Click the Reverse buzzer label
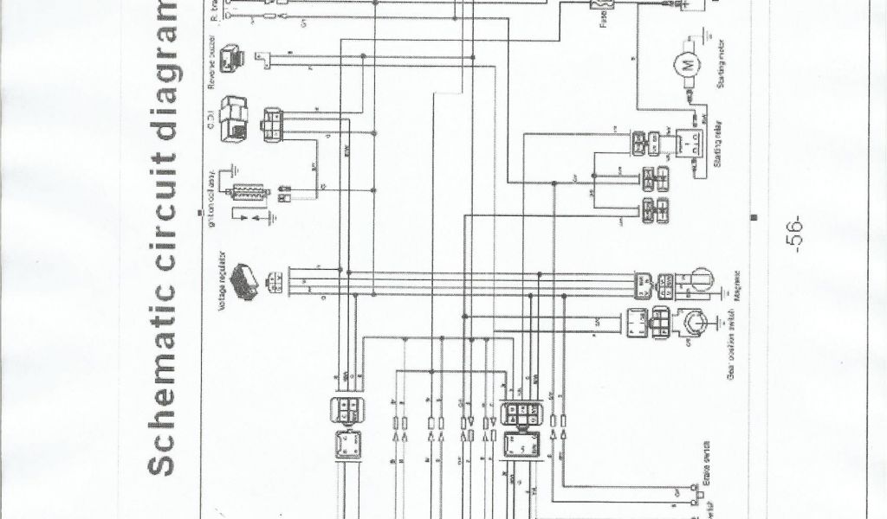[x=210, y=61]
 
